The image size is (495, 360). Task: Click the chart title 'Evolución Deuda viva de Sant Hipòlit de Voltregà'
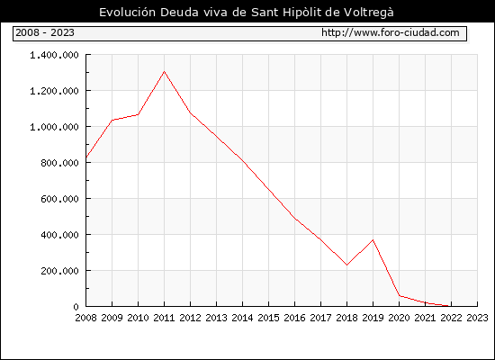pyautogui.click(x=247, y=13)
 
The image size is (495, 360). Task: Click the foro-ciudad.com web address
pyautogui.click(x=391, y=32)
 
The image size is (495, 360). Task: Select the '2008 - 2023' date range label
pyautogui.click(x=45, y=32)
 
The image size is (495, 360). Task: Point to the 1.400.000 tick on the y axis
pyautogui.click(x=54, y=55)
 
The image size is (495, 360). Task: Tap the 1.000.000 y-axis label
pyautogui.click(x=54, y=127)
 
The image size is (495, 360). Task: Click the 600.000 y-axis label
pyautogui.click(x=59, y=199)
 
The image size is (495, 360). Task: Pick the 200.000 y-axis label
pyautogui.click(x=59, y=271)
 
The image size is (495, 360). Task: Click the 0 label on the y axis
pyautogui.click(x=76, y=307)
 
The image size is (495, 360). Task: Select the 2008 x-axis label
pyautogui.click(x=85, y=318)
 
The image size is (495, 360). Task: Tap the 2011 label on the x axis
pyautogui.click(x=164, y=318)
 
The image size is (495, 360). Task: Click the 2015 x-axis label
pyautogui.click(x=269, y=318)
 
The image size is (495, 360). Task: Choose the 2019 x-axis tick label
pyautogui.click(x=373, y=318)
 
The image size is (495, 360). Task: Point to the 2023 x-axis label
pyautogui.click(x=477, y=318)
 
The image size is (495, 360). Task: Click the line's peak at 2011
pyautogui.click(x=164, y=71)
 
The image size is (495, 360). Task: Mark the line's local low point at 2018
pyautogui.click(x=346, y=265)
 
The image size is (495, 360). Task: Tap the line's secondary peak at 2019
pyautogui.click(x=373, y=240)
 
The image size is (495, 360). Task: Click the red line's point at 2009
pyautogui.click(x=112, y=120)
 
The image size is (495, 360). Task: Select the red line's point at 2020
pyautogui.click(x=400, y=296)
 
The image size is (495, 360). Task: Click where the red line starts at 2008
pyautogui.click(x=86, y=157)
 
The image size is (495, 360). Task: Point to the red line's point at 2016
pyautogui.click(x=295, y=218)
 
